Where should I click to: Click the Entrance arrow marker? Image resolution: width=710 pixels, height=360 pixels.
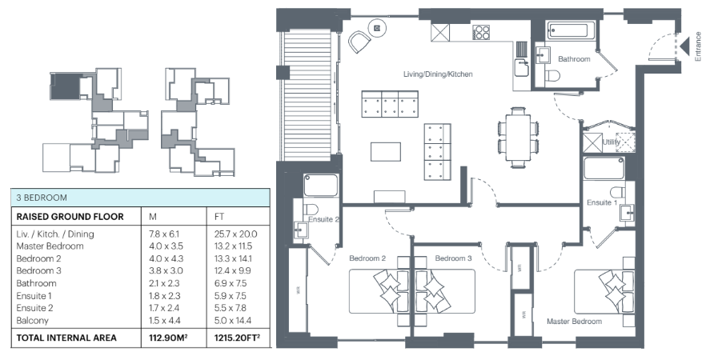tap(684, 46)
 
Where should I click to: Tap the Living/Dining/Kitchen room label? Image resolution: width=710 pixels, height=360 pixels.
tap(438, 74)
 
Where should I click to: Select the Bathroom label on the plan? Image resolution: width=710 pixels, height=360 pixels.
tap(574, 59)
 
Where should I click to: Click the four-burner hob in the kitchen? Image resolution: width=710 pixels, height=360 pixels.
tap(481, 32)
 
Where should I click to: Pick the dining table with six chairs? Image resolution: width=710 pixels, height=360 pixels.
tap(518, 138)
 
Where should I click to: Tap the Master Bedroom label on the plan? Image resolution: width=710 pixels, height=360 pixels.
tap(574, 322)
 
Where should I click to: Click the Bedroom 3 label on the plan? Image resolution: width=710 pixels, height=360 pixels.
tap(453, 258)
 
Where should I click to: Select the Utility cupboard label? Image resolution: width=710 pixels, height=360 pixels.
tap(611, 142)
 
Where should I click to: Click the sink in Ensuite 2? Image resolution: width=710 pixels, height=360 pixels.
tap(301, 230)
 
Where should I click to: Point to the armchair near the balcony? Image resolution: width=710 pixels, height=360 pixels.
tap(360, 42)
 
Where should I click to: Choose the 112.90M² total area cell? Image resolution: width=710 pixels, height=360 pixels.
tap(168, 338)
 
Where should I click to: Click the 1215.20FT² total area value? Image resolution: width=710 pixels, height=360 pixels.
tap(237, 338)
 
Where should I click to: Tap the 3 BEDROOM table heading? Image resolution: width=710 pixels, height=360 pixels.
tap(42, 198)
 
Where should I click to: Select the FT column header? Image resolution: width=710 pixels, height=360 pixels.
tap(219, 217)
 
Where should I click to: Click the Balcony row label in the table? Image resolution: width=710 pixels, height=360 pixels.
tap(32, 321)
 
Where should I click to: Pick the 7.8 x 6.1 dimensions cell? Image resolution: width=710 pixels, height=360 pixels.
tap(164, 234)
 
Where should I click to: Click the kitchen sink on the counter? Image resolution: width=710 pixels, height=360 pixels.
tap(521, 68)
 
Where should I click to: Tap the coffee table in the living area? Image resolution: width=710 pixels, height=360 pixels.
tap(385, 152)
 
